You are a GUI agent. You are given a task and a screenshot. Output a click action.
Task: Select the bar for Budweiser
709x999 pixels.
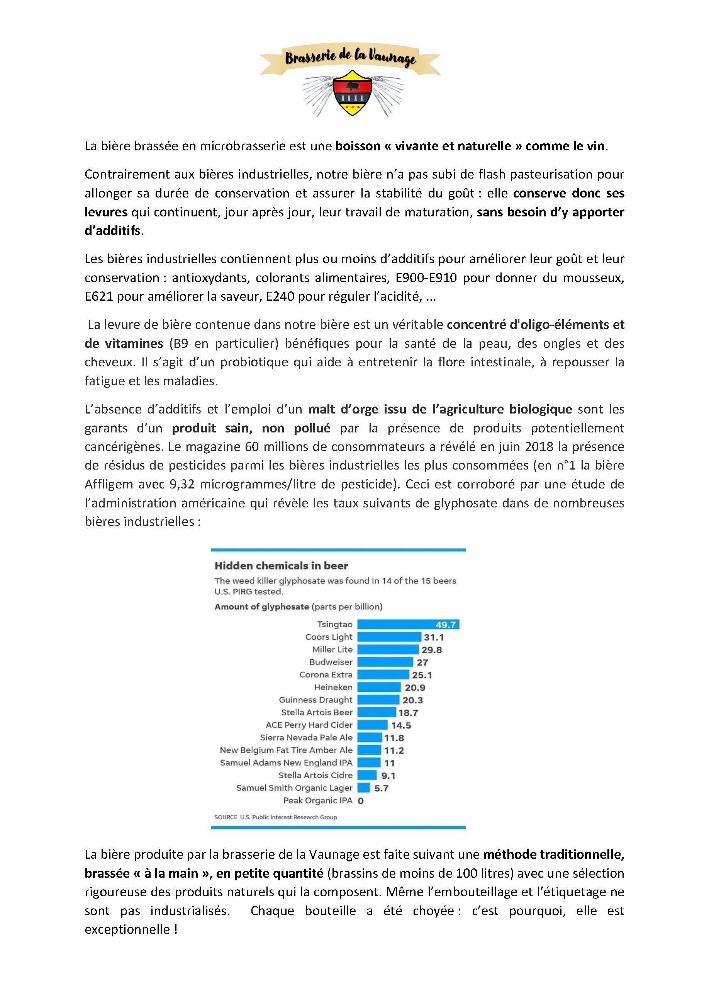tap(385, 662)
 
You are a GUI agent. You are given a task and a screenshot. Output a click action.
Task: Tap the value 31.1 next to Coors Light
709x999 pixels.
tap(434, 637)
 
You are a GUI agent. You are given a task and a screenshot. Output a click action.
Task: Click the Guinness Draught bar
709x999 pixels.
tap(378, 700)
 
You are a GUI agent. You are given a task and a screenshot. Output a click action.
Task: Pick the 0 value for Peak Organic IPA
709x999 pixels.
tap(361, 801)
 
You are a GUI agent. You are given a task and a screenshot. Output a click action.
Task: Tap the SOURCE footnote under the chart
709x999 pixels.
tap(275, 817)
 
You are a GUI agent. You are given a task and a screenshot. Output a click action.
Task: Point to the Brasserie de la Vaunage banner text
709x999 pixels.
tap(350, 58)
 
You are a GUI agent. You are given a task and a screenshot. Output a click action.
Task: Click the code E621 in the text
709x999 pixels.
tap(99, 297)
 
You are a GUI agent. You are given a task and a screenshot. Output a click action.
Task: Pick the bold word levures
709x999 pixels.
tap(106, 212)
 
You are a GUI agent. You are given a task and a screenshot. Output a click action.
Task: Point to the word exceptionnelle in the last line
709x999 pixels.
tap(127, 929)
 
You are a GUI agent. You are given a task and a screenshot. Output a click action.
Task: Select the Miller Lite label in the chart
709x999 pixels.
tap(332, 650)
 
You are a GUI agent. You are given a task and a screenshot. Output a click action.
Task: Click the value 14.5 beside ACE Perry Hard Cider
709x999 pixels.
tap(401, 725)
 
